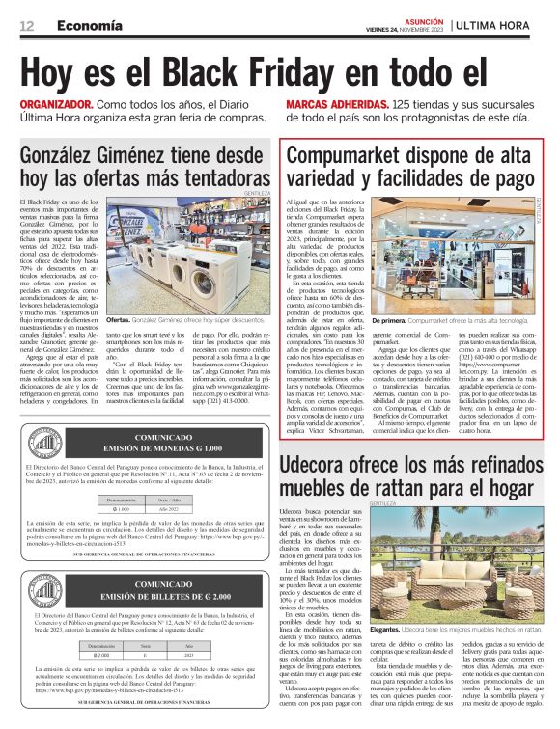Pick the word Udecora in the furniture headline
(324, 467)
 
